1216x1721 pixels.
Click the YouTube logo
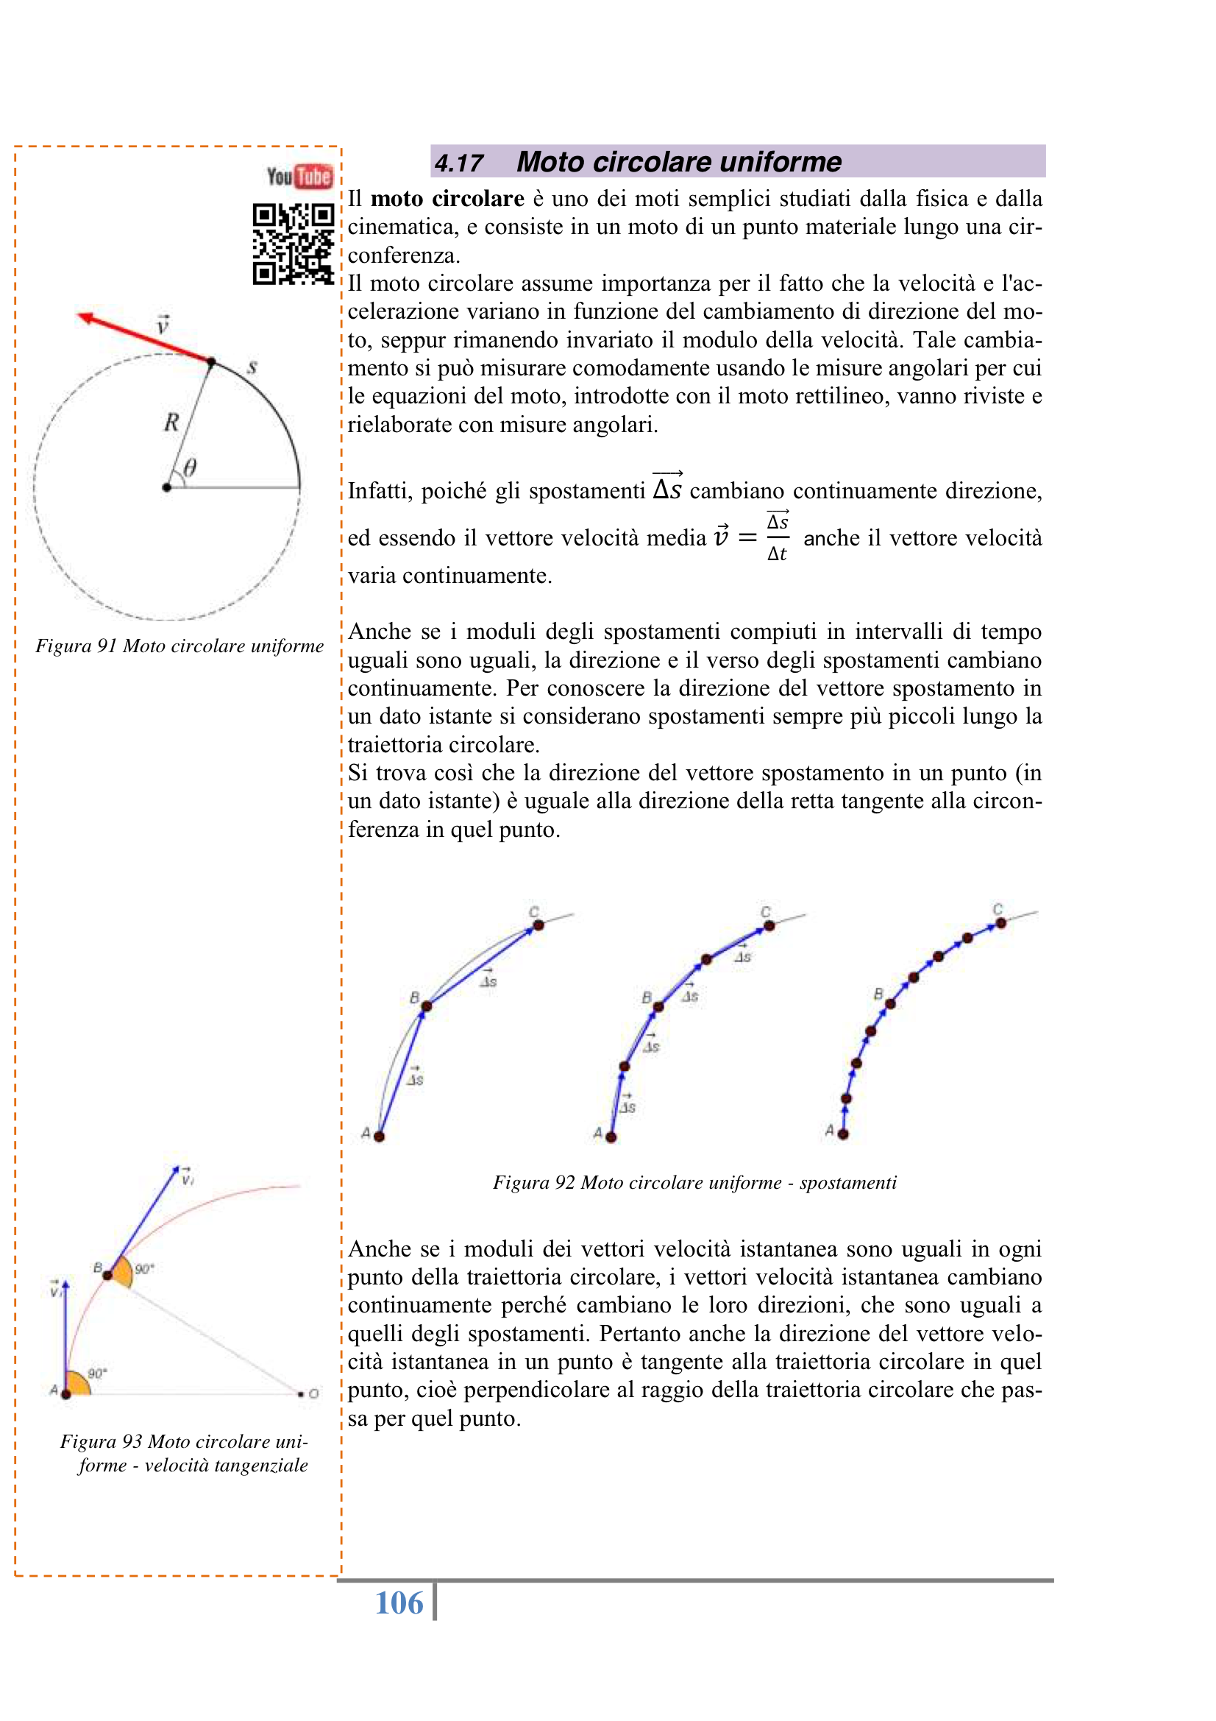tap(299, 177)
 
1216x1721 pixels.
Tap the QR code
tap(293, 244)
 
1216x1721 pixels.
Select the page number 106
tap(399, 1603)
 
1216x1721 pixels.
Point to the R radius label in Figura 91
tap(171, 423)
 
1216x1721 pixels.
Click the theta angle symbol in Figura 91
tap(191, 468)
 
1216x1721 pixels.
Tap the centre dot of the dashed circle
tap(166, 487)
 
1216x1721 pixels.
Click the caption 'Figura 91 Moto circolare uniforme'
tap(179, 646)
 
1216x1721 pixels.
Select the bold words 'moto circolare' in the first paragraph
tap(447, 199)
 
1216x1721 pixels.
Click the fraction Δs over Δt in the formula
tap(777, 537)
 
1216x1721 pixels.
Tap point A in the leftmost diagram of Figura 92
tap(379, 1137)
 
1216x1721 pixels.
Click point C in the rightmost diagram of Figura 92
tap(1001, 923)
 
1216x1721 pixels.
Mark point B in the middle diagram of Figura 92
tap(658, 1007)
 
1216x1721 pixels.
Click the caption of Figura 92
tap(694, 1183)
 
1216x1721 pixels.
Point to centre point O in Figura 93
tap(301, 1394)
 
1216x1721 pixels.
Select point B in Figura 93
tap(108, 1275)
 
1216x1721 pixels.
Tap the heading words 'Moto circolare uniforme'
tap(679, 162)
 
